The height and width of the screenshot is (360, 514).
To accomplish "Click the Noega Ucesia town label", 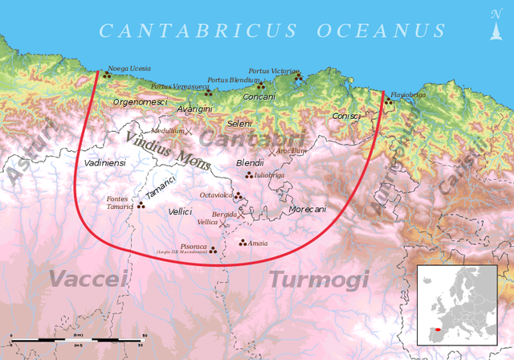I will [128, 68].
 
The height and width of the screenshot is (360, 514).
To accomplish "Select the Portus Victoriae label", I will [273, 71].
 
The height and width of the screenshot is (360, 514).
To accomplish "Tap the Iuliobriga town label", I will [269, 174].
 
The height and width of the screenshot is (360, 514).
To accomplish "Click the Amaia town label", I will [258, 243].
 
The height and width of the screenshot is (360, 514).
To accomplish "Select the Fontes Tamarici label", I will [120, 202].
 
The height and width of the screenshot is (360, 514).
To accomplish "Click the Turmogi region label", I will [319, 279].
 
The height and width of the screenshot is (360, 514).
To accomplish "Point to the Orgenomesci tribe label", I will [140, 102].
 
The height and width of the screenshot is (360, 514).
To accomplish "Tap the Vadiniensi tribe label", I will [104, 162].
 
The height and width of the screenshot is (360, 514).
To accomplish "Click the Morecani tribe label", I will [307, 209].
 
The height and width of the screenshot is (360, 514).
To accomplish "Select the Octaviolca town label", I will [216, 194].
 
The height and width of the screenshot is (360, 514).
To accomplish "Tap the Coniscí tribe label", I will [346, 116].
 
